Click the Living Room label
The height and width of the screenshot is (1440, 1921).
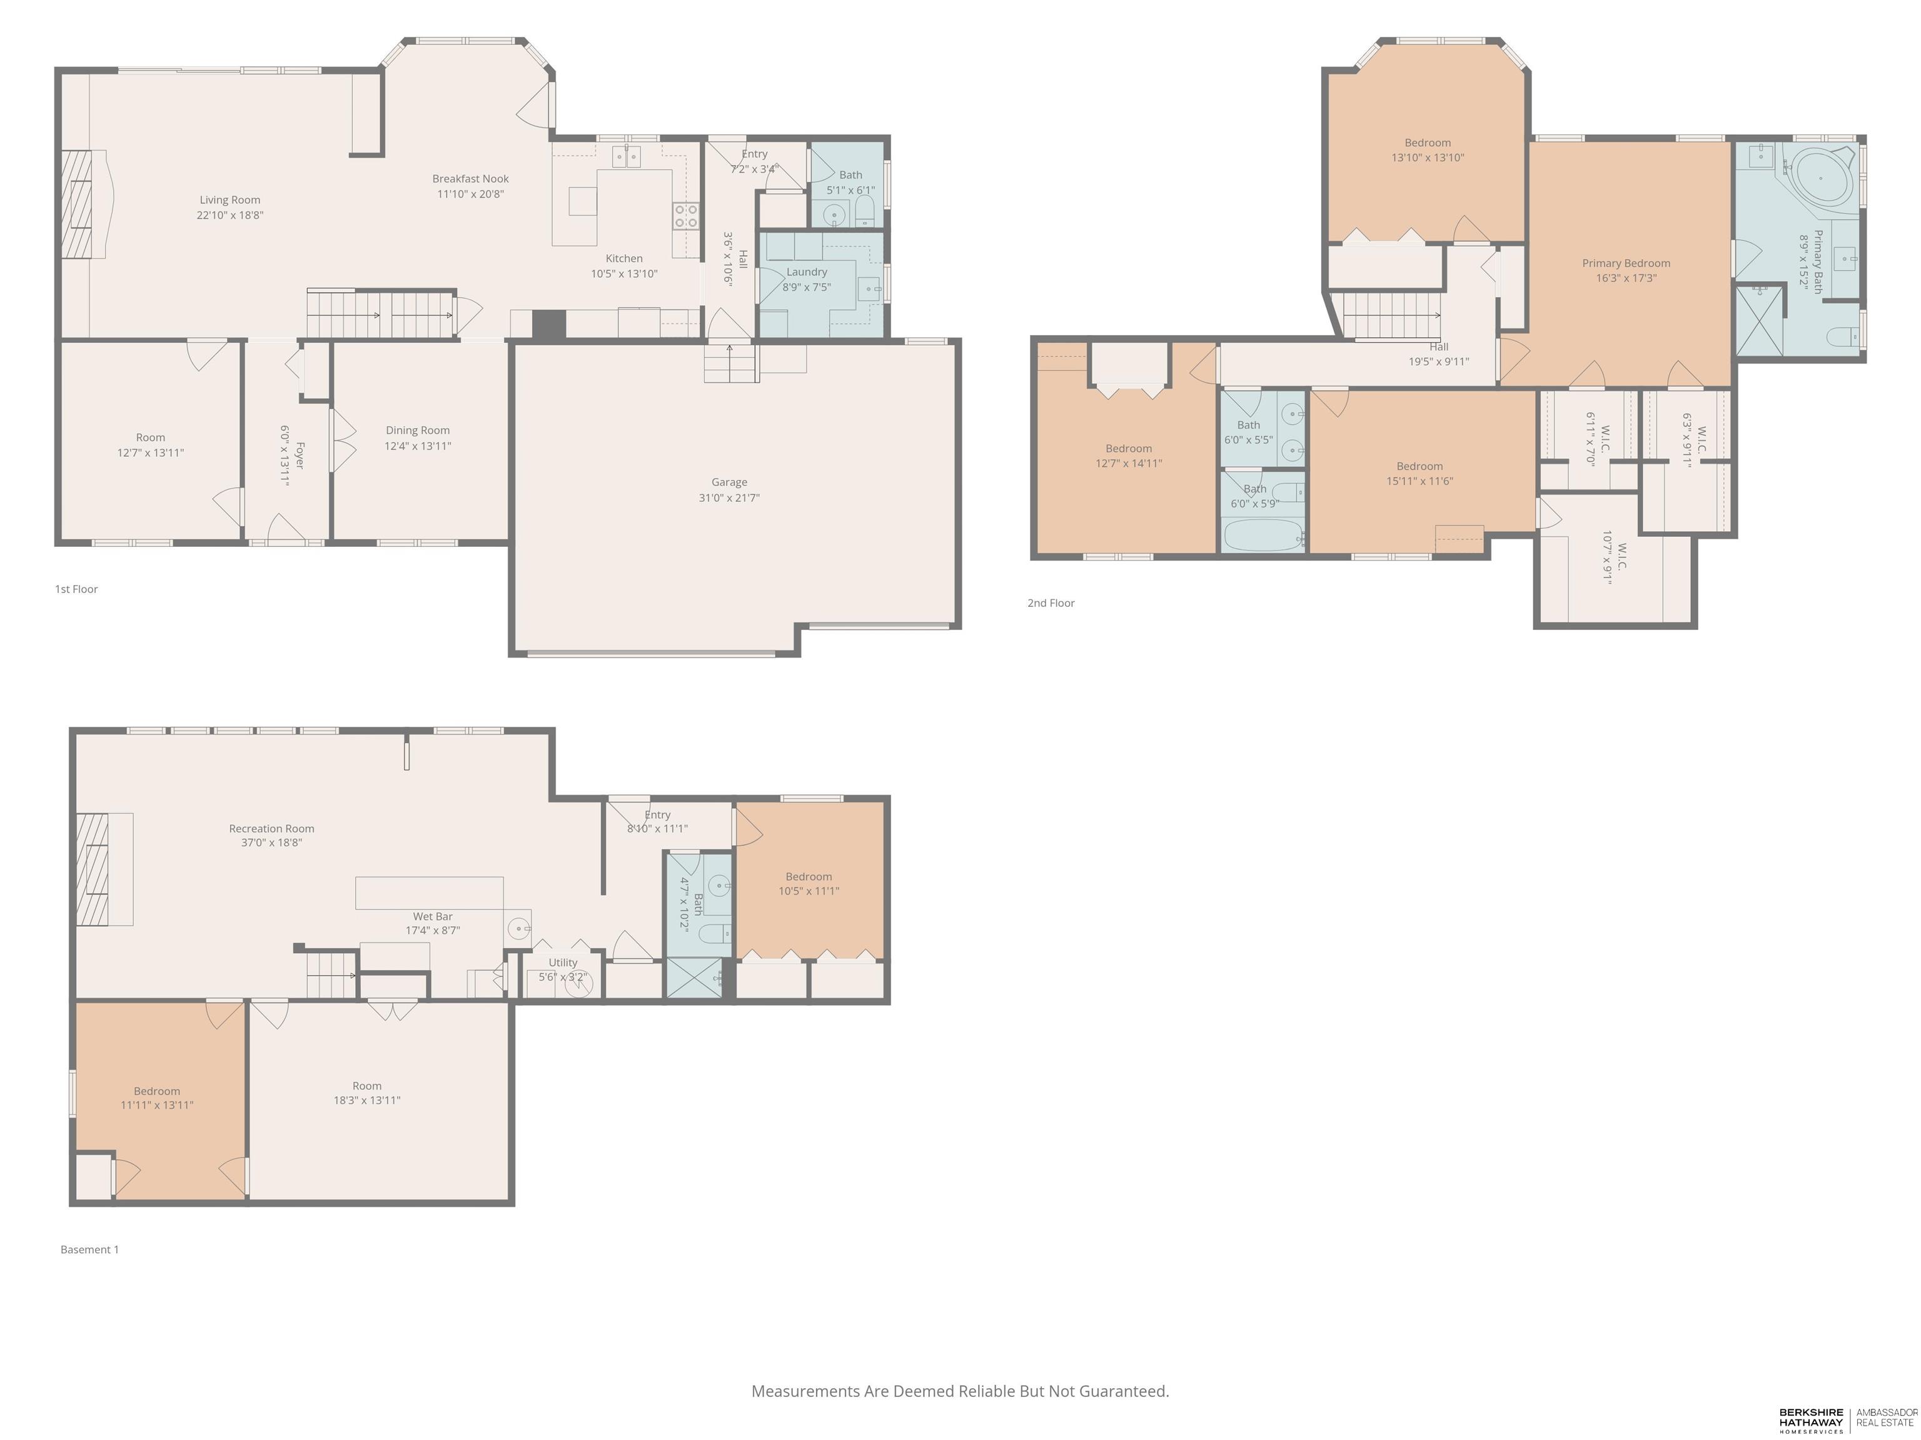(229, 199)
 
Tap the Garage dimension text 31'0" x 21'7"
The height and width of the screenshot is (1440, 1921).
(730, 497)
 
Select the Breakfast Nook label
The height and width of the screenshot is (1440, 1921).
(471, 179)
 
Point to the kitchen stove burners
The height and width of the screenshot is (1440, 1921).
(686, 215)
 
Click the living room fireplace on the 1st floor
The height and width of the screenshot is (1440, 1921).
(83, 204)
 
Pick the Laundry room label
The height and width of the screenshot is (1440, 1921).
(807, 272)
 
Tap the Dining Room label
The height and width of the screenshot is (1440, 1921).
(418, 431)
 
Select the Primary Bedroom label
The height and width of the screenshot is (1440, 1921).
(1626, 263)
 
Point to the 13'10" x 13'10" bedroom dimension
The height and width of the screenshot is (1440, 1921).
(1428, 158)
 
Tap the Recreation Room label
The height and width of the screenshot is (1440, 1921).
(272, 829)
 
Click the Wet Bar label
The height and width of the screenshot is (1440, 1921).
(433, 917)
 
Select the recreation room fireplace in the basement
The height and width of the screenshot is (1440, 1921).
(104, 869)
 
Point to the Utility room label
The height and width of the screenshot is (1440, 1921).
(563, 962)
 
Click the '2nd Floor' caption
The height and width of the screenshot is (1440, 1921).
(1051, 603)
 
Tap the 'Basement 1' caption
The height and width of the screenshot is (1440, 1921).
(89, 1250)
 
